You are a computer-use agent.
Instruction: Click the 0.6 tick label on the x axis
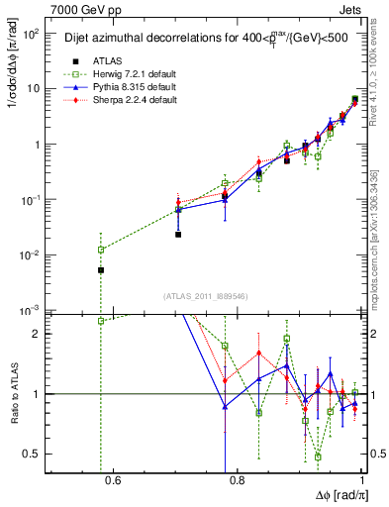point(111,481)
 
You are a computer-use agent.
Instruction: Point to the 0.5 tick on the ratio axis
point(34,454)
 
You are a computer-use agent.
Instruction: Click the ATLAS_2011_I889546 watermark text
point(206,297)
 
